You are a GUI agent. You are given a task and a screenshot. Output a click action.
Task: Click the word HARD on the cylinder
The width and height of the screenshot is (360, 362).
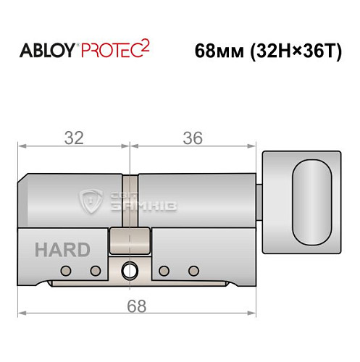[x=62, y=251]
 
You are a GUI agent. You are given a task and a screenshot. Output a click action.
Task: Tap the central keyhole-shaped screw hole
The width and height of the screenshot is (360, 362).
[x=131, y=270]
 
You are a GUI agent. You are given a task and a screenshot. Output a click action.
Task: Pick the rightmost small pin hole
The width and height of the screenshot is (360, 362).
[x=193, y=271]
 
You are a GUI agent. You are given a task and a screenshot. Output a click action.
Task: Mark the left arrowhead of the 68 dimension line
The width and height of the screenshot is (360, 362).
[x=21, y=313]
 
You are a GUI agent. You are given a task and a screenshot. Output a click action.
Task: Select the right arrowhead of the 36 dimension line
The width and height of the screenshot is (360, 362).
[x=256, y=146]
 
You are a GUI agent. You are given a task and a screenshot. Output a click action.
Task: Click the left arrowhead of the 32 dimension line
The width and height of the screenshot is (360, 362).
[x=21, y=146]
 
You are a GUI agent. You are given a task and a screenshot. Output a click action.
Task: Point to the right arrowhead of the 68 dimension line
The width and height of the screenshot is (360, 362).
[x=256, y=313]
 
